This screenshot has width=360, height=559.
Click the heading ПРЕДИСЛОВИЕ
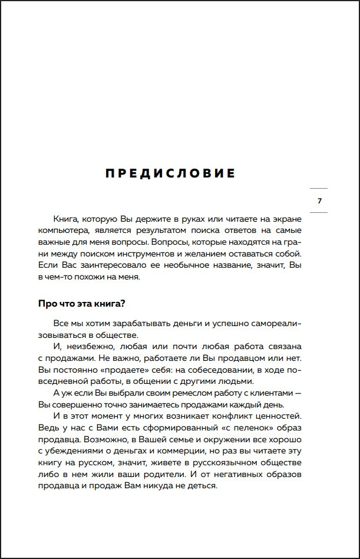click(x=170, y=173)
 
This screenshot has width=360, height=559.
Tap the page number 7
click(x=319, y=201)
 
